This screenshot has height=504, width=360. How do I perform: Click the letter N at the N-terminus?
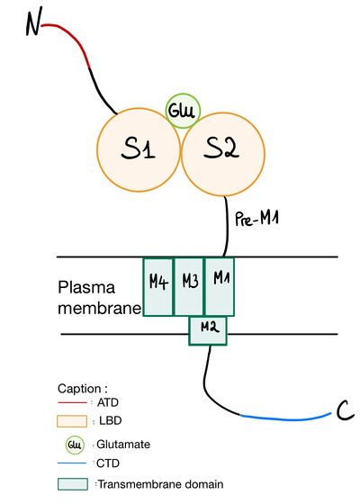point(33,24)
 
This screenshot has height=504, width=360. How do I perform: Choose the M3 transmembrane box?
point(189,282)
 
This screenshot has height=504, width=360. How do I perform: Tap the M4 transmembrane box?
point(158,282)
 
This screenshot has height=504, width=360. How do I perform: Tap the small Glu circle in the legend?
point(76,444)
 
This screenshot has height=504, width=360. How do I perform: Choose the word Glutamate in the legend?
point(125,444)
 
